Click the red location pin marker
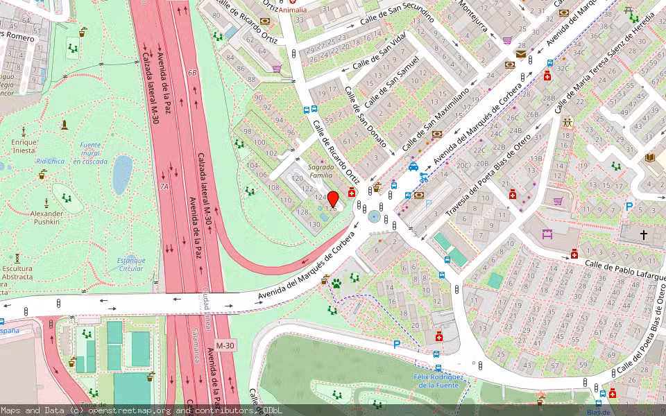pyautogui.click(x=333, y=198)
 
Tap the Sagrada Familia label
pyautogui.click(x=321, y=171)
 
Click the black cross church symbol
pyautogui.click(x=643, y=235)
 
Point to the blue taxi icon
pyautogui.click(x=413, y=166)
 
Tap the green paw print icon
pyautogui.click(x=336, y=283)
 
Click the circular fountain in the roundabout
pyautogui.click(x=375, y=217)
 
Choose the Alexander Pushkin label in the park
pyautogui.click(x=47, y=218)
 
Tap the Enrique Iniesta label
pyautogui.click(x=24, y=146)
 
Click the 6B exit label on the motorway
pyautogui.click(x=192, y=72)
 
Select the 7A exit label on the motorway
pyautogui.click(x=164, y=187)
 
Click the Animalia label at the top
pyautogui.click(x=293, y=10)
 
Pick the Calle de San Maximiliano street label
pyautogui.click(x=436, y=119)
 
